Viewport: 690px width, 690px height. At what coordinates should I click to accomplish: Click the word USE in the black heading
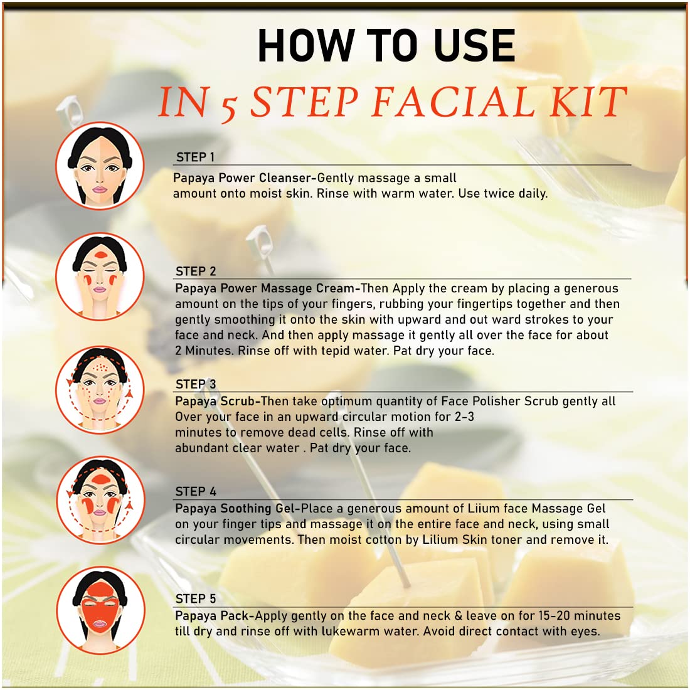(474, 45)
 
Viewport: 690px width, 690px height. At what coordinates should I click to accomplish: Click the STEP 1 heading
(195, 157)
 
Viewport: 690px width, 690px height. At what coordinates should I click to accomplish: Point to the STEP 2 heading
(196, 271)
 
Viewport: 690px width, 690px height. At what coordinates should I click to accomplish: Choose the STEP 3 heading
(196, 384)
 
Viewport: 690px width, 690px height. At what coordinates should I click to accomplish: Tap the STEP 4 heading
(196, 491)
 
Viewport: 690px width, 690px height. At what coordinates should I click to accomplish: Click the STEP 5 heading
(196, 598)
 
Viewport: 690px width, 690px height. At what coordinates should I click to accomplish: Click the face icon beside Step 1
(100, 166)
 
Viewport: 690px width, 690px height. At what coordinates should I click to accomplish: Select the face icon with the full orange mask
(100, 610)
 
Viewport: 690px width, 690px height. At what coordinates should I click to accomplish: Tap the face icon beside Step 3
(100, 390)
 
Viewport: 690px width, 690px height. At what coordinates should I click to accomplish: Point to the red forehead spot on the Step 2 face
(101, 254)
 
